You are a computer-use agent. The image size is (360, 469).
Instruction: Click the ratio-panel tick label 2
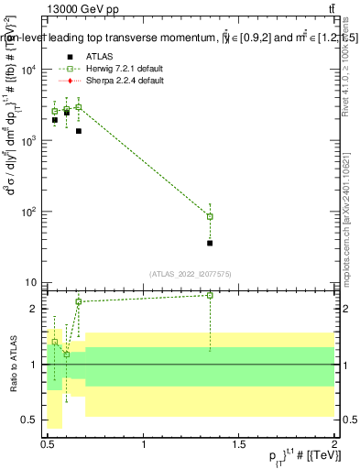36,309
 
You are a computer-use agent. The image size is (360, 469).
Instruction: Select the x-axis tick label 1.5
239,445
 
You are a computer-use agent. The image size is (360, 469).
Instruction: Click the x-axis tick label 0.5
48,445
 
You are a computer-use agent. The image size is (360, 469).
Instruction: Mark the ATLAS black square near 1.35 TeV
210,243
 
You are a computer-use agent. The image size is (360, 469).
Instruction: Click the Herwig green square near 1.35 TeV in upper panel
210,217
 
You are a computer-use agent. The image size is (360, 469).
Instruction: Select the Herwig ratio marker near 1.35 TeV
210,295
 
